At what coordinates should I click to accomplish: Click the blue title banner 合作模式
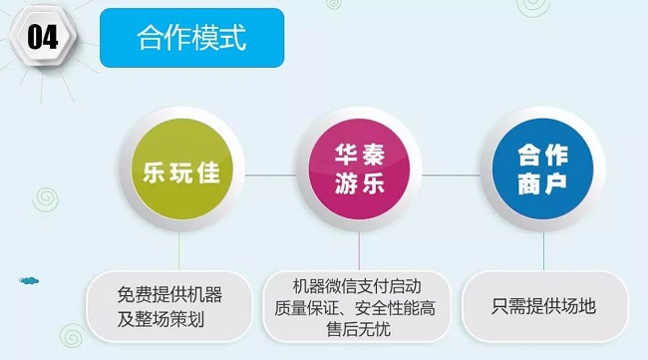coord(191,39)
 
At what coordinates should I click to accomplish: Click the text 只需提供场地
coord(544,306)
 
